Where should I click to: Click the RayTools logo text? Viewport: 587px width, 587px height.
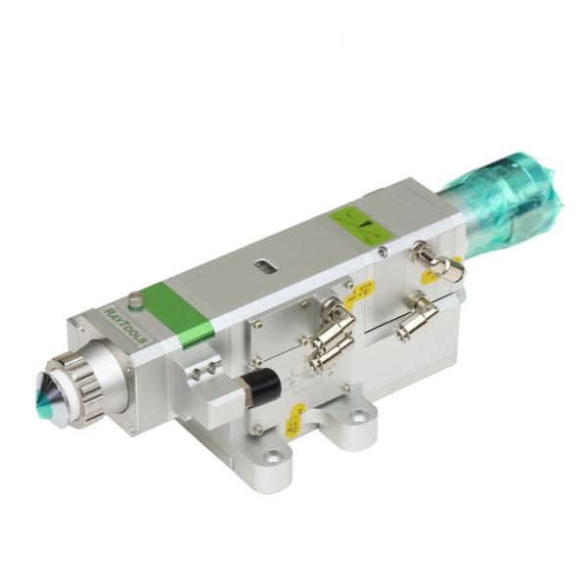[124, 321]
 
